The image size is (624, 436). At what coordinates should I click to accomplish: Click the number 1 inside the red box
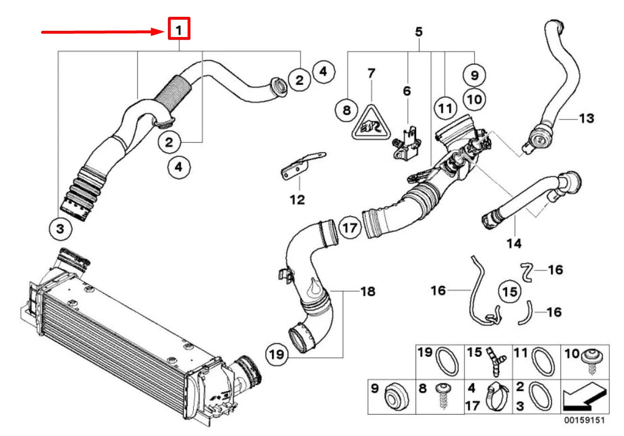click(x=179, y=29)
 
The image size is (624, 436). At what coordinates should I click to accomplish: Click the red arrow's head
click(x=163, y=32)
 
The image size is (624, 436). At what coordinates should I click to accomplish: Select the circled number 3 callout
click(x=60, y=228)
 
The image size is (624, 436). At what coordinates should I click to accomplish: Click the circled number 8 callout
click(x=347, y=110)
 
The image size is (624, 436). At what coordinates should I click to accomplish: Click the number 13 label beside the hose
click(x=586, y=118)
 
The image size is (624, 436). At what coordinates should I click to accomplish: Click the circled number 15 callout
click(x=509, y=291)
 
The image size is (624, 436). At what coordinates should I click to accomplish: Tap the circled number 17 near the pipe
click(x=349, y=228)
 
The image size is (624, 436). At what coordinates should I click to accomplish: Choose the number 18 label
click(x=368, y=292)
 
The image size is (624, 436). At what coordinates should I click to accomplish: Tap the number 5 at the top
click(x=418, y=32)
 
